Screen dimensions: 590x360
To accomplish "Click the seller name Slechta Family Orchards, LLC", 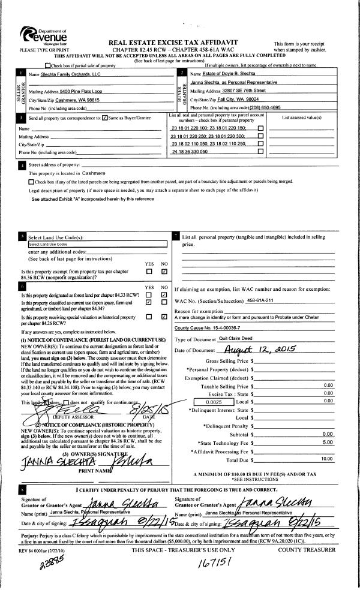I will pos(67,74).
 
